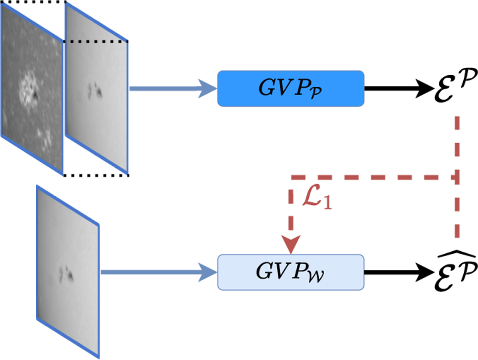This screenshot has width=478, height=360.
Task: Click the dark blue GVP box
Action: click(x=290, y=88)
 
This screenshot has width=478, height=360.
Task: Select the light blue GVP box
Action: click(x=290, y=272)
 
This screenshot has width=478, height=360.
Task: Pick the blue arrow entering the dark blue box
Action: click(x=171, y=88)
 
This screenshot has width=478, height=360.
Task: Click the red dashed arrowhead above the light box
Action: click(x=290, y=243)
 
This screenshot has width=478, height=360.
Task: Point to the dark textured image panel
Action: click(x=32, y=92)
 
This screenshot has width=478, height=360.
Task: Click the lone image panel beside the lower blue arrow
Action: click(x=68, y=271)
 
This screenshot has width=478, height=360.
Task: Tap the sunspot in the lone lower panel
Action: click(x=66, y=273)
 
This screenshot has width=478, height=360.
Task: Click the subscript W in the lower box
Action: click(x=318, y=276)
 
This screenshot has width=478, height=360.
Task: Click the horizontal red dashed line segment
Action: click(x=370, y=177)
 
